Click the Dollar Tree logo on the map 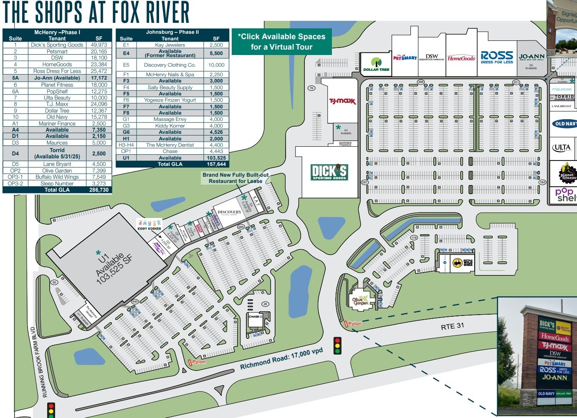376,64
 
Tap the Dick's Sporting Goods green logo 329,172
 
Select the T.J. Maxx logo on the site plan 342,101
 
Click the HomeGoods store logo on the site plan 461,58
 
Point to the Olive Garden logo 361,300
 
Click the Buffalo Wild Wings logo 463,263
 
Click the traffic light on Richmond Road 337,345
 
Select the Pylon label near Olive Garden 354,323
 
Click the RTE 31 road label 452,326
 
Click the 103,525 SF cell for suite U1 216,158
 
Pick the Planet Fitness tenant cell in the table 57,85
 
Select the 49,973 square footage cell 99,45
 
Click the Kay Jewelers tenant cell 170,45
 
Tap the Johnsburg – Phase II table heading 172,32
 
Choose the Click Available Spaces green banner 281,42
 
